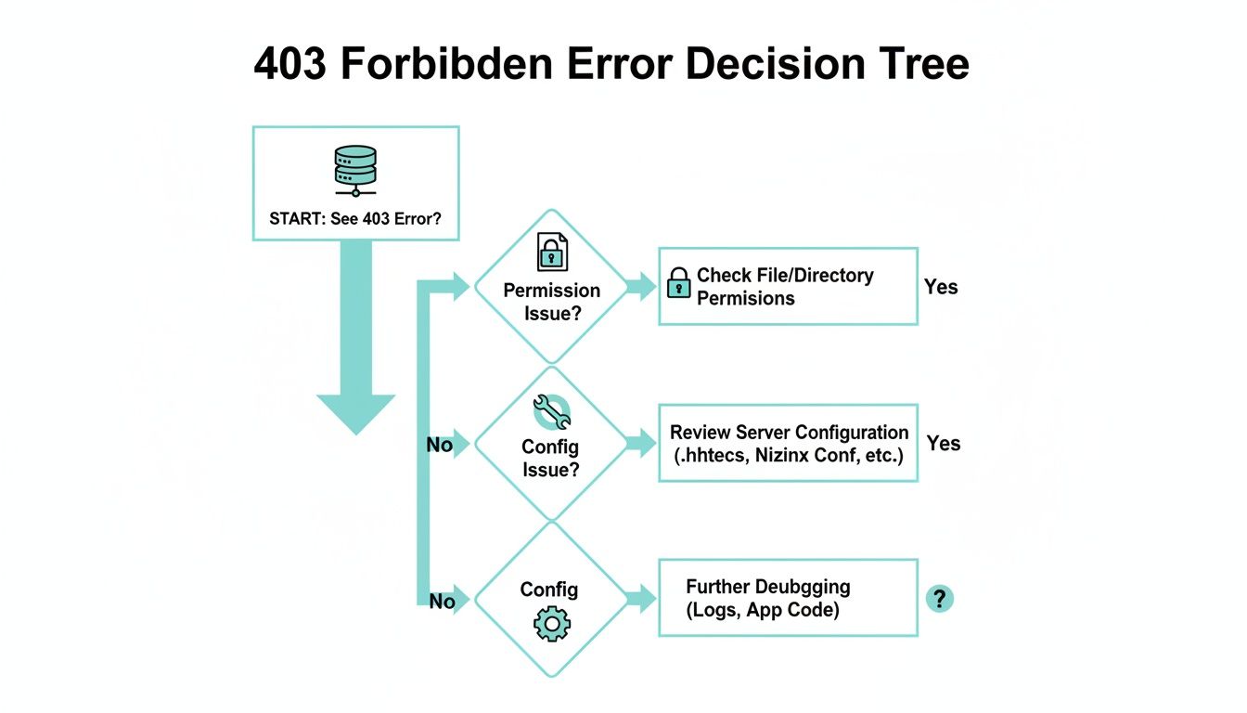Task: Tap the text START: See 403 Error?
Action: (355, 221)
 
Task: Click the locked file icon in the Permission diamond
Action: (551, 251)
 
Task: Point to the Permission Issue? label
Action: (551, 302)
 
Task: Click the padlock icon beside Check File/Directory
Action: (679, 283)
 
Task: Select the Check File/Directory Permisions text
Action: (785, 287)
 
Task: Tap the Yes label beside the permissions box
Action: (941, 287)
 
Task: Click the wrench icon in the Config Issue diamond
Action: (551, 410)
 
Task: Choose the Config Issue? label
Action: (551, 458)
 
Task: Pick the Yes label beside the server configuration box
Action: (944, 444)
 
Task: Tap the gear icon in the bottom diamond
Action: (551, 623)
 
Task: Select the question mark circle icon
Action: (939, 599)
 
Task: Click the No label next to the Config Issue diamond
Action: (439, 445)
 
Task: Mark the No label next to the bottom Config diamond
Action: (442, 602)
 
